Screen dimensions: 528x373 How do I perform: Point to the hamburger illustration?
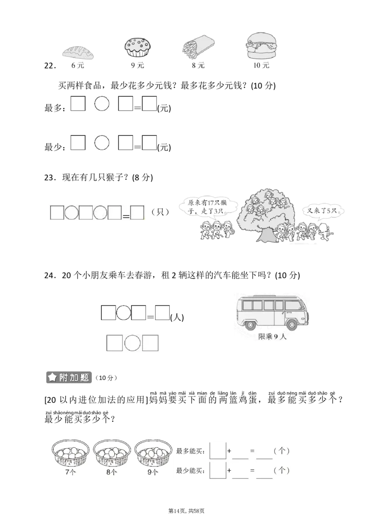tap(261, 46)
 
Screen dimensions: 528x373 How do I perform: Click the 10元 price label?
tap(261, 66)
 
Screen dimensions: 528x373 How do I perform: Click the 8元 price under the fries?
tap(198, 66)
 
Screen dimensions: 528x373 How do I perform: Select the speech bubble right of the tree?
tap(325, 211)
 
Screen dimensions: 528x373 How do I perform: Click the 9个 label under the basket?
tap(152, 472)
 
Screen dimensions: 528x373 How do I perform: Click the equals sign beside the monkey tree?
tap(126, 216)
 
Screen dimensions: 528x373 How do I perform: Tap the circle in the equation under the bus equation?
tap(132, 343)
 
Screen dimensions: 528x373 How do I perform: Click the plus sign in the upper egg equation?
tap(229, 451)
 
